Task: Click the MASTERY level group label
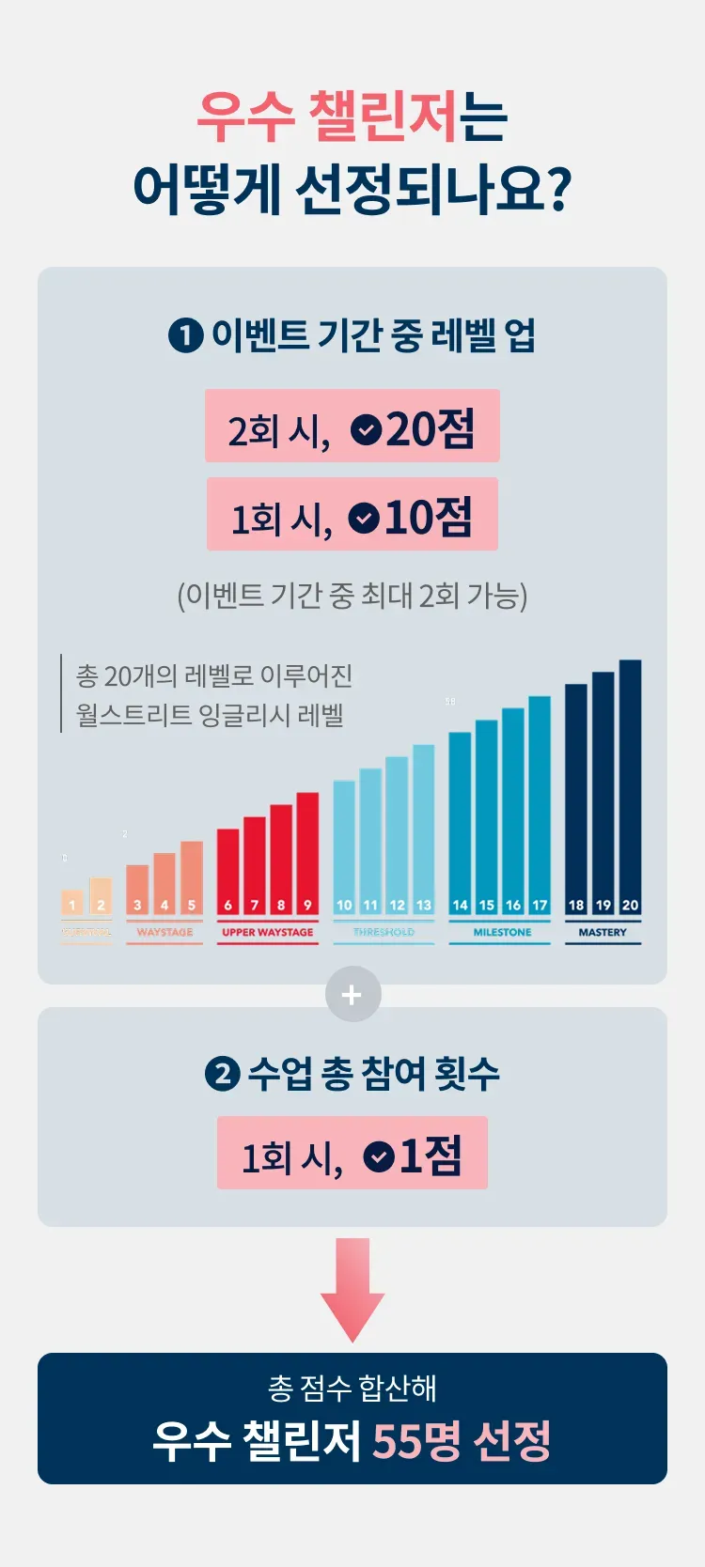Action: coord(603,932)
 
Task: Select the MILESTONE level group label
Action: coord(502,932)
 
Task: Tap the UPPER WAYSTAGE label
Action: coord(268,932)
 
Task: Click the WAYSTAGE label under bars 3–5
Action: coord(164,932)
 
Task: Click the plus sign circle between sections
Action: coord(352,995)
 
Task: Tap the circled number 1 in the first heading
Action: coord(185,335)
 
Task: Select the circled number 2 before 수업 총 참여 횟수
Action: coord(222,1074)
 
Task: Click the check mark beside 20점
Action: coord(366,429)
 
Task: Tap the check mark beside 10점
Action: coord(364,518)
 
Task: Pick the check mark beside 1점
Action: coord(378,1156)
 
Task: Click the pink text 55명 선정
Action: coord(462,1440)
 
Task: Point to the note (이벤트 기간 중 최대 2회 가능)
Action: coord(352,596)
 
